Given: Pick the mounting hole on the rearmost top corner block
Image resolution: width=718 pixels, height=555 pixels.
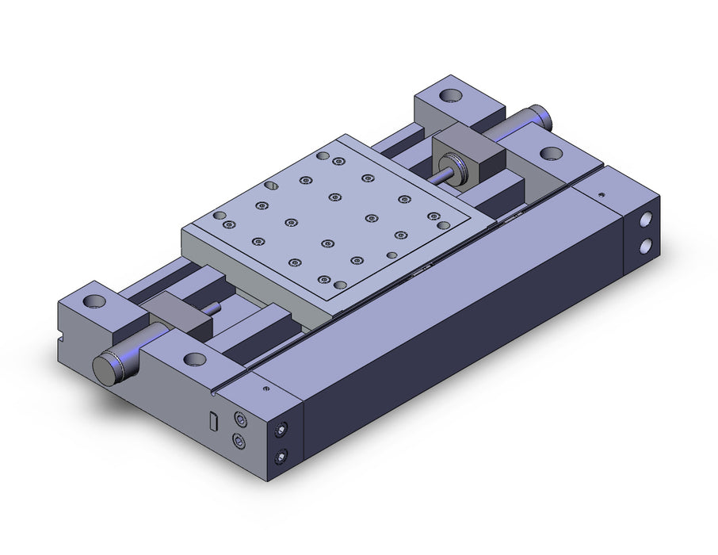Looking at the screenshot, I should (x=453, y=97).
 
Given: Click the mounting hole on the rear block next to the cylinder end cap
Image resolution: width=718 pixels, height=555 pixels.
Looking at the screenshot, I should (x=548, y=153).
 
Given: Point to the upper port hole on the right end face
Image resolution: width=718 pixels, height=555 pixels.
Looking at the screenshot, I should (x=647, y=218).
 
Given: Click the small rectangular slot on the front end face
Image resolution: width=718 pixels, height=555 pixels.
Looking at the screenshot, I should (x=212, y=422).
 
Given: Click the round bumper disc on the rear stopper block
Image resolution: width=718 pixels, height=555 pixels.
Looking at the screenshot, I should (x=452, y=167).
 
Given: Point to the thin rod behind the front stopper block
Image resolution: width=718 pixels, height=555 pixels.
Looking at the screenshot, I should (x=214, y=308).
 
